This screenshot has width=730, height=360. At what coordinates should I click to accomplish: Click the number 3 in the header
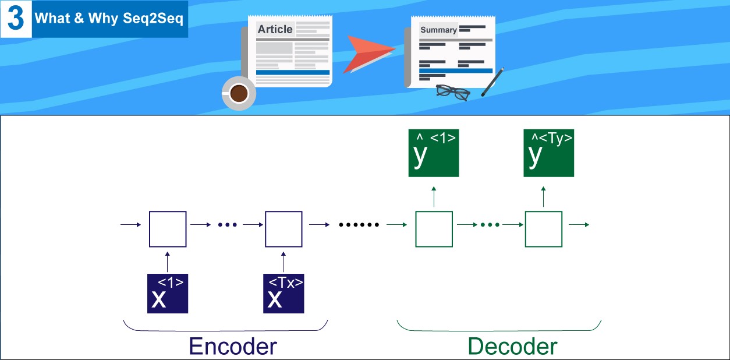tap(16, 19)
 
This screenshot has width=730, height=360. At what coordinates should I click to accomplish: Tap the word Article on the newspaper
tap(275, 30)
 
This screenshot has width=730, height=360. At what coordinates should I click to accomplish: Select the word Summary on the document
tap(438, 30)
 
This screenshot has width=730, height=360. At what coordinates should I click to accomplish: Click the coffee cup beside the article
tap(238, 93)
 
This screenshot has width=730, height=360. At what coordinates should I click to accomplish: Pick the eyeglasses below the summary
tap(452, 92)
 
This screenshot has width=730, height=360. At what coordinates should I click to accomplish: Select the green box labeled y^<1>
tap(434, 153)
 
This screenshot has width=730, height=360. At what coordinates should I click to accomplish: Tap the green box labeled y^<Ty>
tap(549, 153)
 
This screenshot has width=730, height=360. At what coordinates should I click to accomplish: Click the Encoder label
tap(232, 347)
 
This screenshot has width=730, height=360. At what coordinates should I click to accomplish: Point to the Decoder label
tap(512, 347)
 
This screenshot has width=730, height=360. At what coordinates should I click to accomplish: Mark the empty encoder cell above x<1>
tap(168, 229)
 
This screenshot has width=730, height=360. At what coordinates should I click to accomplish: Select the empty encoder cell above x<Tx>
tap(284, 229)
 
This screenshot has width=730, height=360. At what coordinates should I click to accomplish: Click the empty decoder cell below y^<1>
tap(434, 229)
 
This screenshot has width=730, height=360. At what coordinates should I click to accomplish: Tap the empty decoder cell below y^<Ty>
tap(544, 229)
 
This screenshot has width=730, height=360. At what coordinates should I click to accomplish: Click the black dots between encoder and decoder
tap(359, 225)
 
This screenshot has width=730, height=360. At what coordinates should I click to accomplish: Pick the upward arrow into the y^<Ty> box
tap(544, 196)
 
